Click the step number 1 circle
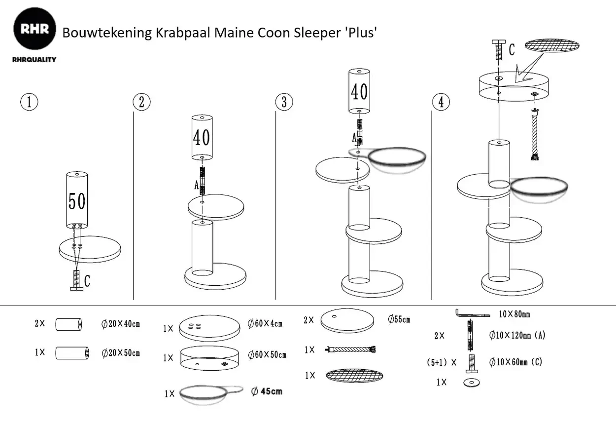pos(29,102)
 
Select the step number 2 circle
pos(141,102)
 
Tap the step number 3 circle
pos(284,102)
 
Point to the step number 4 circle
pos(441,102)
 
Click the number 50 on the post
pos(77,201)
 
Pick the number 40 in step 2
pos(202,137)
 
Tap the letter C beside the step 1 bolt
pos(87,281)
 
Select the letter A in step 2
pos(197,186)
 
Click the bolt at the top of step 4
pos(498,51)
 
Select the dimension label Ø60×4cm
pos(265,324)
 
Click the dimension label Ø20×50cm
pos(121,353)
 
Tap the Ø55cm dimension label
pos(399,319)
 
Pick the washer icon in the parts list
pos(472,383)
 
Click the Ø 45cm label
pos(267,391)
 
